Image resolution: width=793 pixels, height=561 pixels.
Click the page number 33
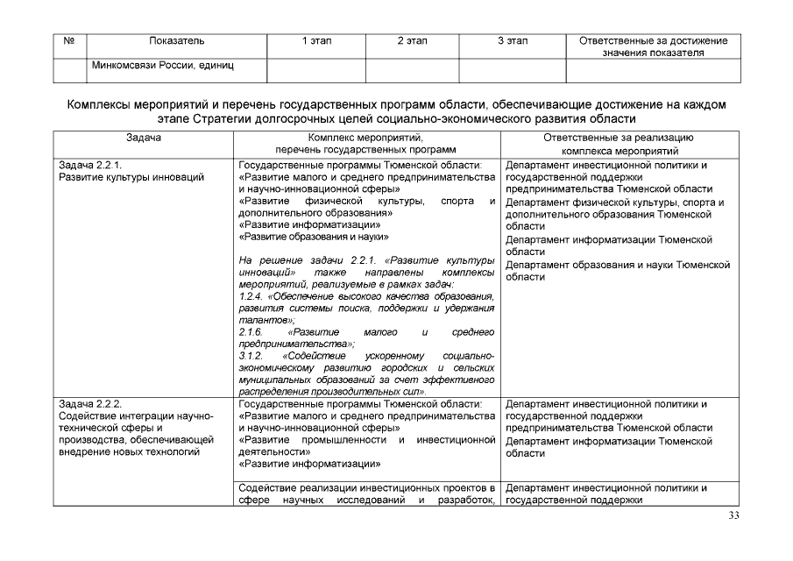point(734,515)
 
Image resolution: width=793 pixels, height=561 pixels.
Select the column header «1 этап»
point(315,41)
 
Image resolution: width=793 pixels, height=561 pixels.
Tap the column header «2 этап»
point(412,41)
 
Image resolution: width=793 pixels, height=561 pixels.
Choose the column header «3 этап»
point(512,41)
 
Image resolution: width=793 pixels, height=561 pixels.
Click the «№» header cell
point(68,41)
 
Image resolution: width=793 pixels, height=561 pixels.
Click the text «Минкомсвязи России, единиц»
point(162,65)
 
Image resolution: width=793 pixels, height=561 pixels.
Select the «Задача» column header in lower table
point(144,138)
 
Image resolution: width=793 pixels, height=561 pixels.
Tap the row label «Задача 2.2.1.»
point(89,165)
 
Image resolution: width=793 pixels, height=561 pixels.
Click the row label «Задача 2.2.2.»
point(89,404)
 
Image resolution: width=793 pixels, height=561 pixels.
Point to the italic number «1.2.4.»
point(251,296)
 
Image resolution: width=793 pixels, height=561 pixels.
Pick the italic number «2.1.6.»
point(251,333)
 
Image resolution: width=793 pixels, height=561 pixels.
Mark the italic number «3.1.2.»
point(251,357)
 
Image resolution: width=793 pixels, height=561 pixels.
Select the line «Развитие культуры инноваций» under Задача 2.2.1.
point(131,177)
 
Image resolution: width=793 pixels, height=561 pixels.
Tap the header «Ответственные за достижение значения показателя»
point(653,46)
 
